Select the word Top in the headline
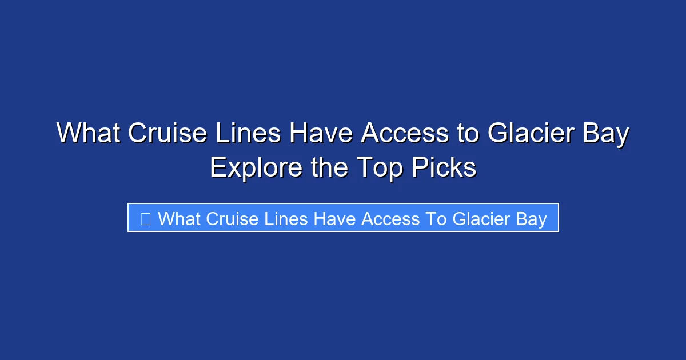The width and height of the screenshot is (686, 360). point(379,167)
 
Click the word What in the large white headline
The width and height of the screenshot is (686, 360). point(87,134)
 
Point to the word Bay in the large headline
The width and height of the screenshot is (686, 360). point(608,134)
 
